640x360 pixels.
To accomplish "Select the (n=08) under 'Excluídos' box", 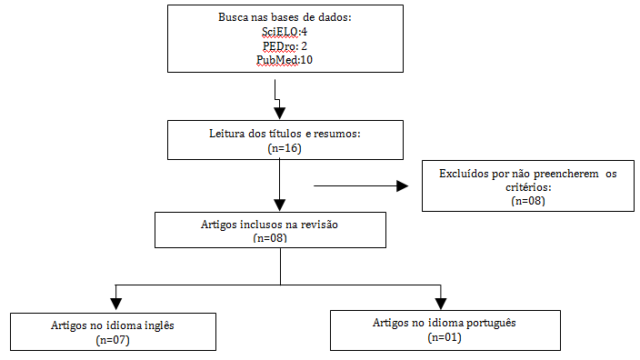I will (x=528, y=200).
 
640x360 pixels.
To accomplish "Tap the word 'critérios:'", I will (x=528, y=186).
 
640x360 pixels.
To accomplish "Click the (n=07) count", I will (x=115, y=340).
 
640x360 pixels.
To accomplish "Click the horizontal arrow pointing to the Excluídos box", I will (x=360, y=186).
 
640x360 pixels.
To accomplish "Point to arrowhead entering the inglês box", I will (x=115, y=304).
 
